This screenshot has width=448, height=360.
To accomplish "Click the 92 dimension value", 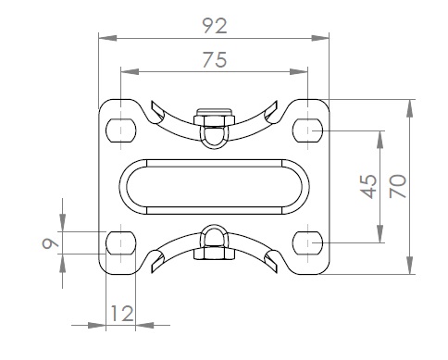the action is click(x=215, y=26).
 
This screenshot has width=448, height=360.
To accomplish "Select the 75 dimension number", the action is click(x=215, y=59).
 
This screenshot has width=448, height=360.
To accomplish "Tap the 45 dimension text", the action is click(x=369, y=187).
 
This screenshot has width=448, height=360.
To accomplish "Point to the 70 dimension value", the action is click(x=398, y=186).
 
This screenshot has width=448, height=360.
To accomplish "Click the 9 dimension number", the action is click(x=50, y=243).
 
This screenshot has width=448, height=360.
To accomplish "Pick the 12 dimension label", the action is click(x=121, y=314).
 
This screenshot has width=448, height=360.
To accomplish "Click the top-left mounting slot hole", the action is click(x=121, y=130).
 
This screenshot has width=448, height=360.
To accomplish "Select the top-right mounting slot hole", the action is click(x=308, y=130).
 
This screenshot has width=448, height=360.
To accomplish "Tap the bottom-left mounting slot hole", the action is click(x=121, y=242).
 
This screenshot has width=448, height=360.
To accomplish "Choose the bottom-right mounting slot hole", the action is click(x=308, y=242).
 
